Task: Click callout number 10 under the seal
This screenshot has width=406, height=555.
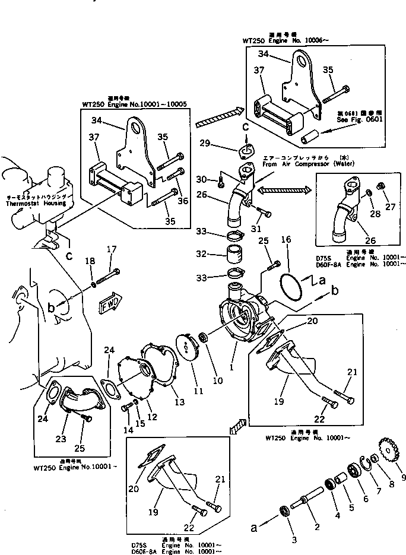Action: point(218,380)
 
